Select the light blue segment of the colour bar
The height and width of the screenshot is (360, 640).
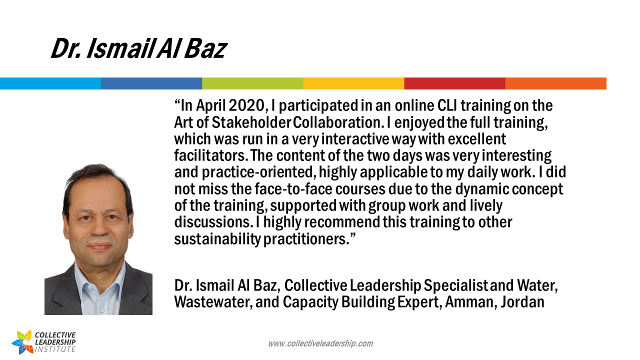(x=50, y=83)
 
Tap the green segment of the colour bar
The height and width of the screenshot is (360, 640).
(x=252, y=83)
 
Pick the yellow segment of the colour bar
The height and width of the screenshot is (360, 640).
(x=353, y=83)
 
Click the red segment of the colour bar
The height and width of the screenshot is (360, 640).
(x=455, y=83)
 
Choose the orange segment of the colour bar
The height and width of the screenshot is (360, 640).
(x=555, y=83)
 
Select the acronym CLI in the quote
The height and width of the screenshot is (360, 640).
(x=447, y=105)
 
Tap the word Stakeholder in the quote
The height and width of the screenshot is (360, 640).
(x=251, y=122)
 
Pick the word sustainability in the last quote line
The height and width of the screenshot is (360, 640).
(x=217, y=239)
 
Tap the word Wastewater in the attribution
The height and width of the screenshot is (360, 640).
(x=211, y=302)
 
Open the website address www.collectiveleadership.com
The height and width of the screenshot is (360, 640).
(x=320, y=343)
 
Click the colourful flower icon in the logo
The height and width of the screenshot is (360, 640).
(x=22, y=342)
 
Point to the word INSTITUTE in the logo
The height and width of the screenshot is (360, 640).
(x=55, y=349)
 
